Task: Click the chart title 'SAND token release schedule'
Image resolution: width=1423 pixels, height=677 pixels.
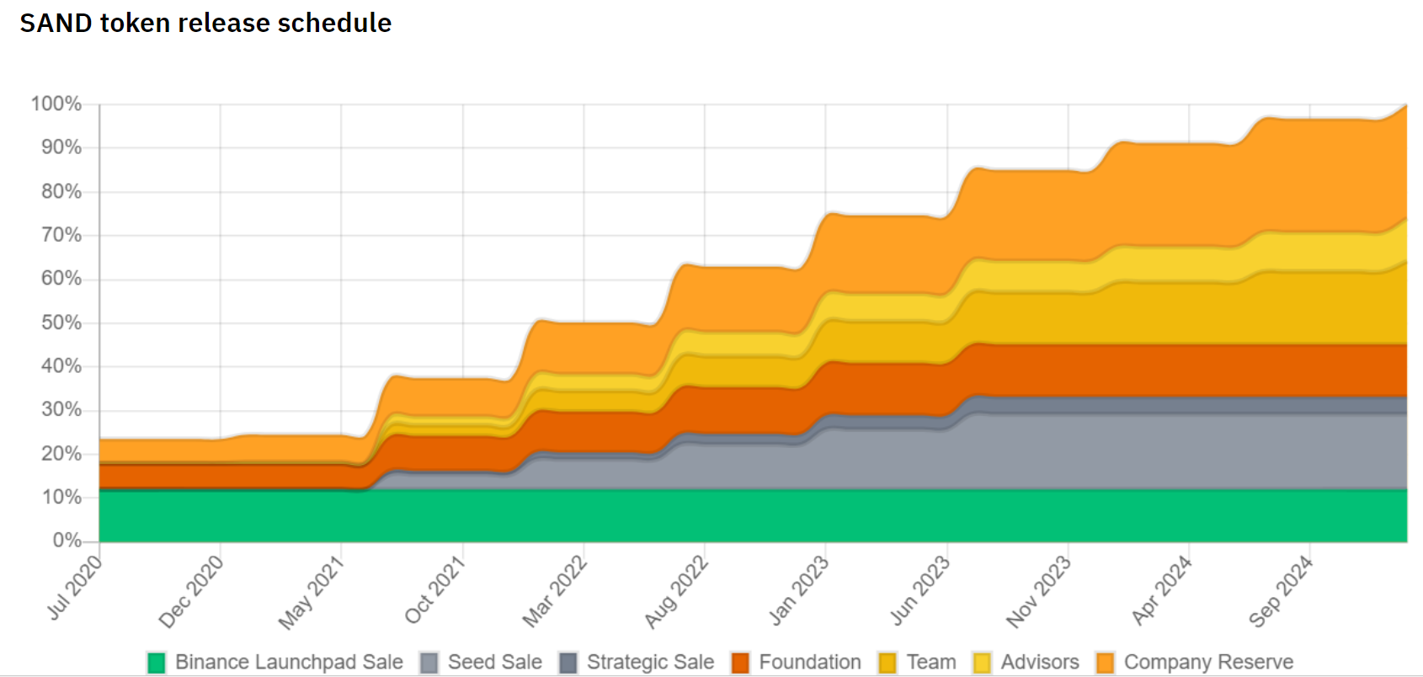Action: (205, 23)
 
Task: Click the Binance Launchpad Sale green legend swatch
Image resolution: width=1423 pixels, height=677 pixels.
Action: (157, 663)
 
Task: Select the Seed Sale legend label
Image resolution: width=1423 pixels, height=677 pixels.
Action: (494, 663)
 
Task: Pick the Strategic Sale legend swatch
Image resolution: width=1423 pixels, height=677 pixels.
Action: (569, 663)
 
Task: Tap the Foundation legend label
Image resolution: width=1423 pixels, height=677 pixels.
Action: (809, 663)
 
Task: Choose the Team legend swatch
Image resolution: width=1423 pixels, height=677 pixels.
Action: (887, 663)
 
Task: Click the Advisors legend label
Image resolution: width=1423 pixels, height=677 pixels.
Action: (1039, 663)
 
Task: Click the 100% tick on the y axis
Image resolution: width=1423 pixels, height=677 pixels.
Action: (56, 104)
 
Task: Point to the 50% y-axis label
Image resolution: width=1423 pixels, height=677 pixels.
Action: (61, 323)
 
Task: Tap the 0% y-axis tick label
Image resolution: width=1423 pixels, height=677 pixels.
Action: (67, 541)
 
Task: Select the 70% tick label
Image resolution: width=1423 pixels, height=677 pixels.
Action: (61, 235)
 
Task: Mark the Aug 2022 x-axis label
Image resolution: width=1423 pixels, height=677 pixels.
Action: (676, 591)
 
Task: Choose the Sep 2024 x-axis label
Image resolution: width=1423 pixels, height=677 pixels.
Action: (1281, 591)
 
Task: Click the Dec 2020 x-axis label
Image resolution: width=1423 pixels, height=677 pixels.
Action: (192, 591)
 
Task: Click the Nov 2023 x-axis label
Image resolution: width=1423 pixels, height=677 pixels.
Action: (1039, 591)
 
